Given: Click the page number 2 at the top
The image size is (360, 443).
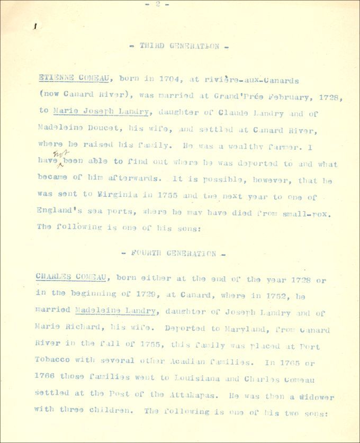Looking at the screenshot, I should click(x=157, y=4).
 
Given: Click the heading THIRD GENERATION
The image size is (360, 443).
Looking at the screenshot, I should click(x=179, y=46).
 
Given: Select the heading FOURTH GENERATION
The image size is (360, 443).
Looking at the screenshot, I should click(x=174, y=254).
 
